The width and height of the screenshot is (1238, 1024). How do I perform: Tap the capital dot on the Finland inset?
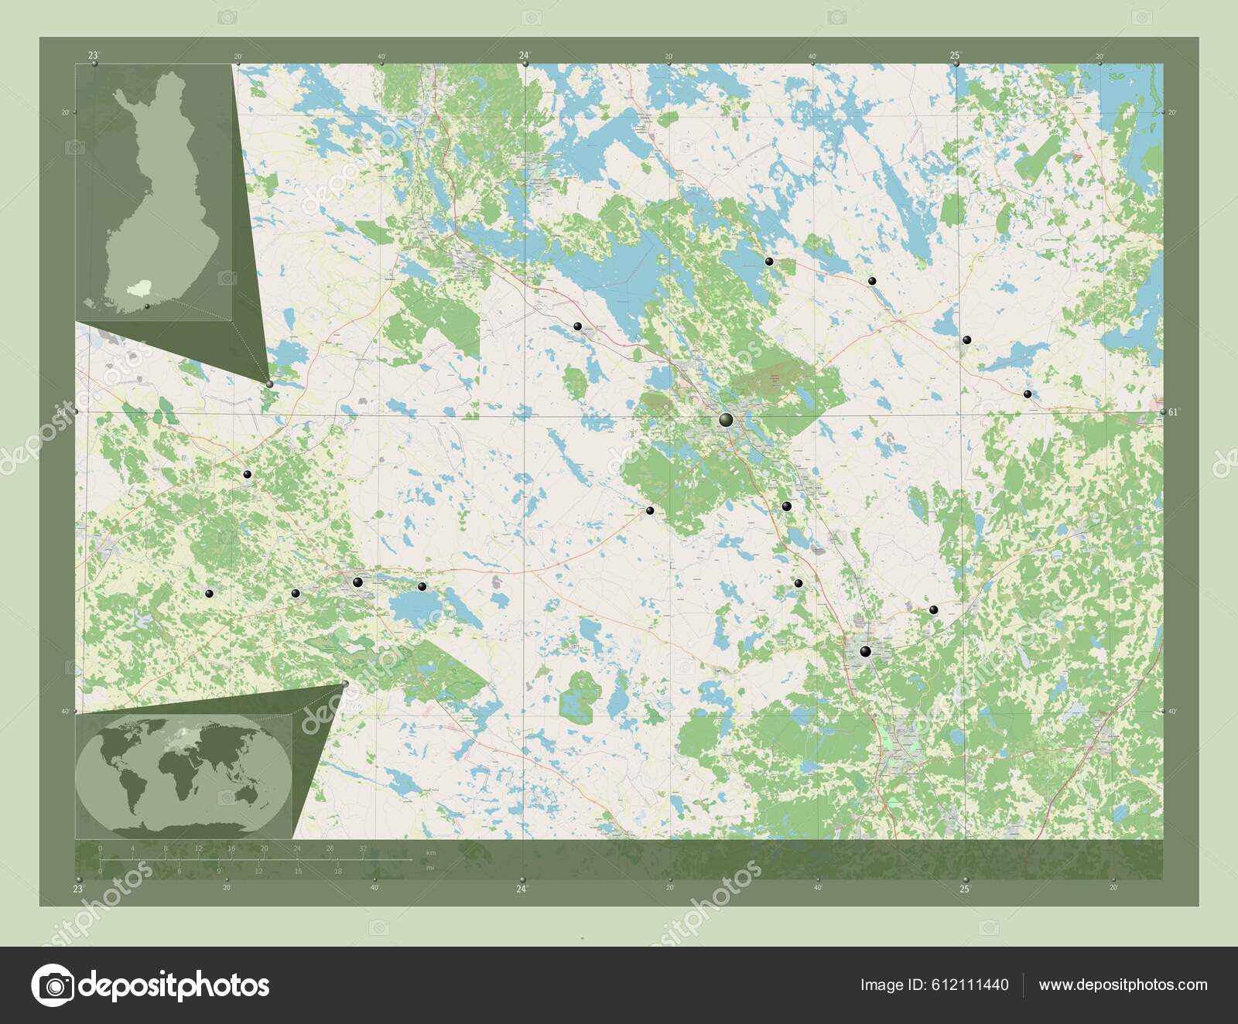147,306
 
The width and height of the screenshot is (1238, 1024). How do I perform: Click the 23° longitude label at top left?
93,54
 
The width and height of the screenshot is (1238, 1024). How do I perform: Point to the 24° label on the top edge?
525,54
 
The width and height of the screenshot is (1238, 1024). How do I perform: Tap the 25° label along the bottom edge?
964,889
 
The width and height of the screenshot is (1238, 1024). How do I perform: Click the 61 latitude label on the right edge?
1171,412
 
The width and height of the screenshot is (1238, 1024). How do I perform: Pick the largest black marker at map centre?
726,420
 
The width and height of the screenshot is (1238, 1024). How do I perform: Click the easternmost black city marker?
1028,394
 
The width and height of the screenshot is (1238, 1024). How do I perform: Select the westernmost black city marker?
209,593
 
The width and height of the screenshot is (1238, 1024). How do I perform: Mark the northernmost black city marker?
769,261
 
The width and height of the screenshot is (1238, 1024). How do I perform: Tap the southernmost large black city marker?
865,652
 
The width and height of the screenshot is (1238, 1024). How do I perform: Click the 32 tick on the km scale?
363,848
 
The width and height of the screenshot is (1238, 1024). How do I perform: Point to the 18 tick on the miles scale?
338,871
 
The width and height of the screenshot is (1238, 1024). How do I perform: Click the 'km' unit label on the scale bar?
431,852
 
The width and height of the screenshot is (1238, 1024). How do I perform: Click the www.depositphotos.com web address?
1123,985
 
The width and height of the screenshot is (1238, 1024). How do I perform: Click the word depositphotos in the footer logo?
173,985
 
